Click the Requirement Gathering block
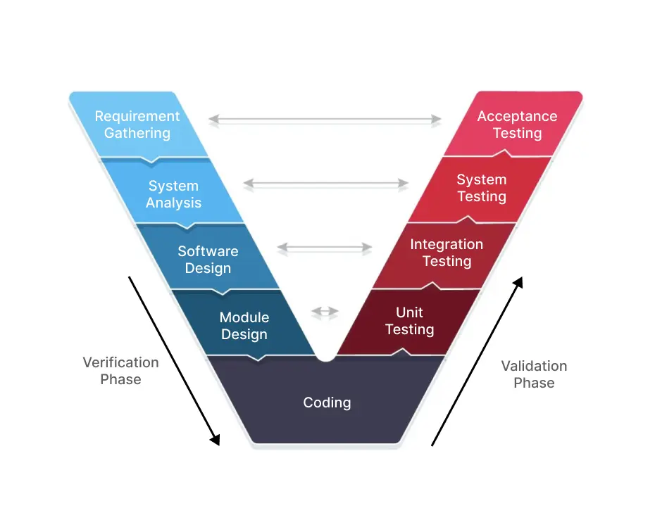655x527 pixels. (137, 125)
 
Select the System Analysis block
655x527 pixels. (174, 194)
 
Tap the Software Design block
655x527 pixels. (208, 260)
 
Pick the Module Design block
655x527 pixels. (244, 326)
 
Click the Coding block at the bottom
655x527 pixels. (327, 402)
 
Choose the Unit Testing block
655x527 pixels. (409, 321)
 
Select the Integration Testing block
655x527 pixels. (447, 253)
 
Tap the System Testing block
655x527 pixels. (482, 188)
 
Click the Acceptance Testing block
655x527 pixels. (517, 125)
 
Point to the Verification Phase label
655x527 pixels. (120, 371)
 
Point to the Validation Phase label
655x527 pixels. (534, 374)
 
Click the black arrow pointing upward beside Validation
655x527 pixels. (478, 360)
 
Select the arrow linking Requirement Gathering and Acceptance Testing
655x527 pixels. (325, 120)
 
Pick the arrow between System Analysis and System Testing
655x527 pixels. (325, 184)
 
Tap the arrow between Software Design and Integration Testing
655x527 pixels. (325, 248)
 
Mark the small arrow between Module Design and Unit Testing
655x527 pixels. (325, 312)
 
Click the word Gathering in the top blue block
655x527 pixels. (137, 133)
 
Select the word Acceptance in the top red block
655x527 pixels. (517, 116)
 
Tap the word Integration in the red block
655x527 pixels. (447, 244)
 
